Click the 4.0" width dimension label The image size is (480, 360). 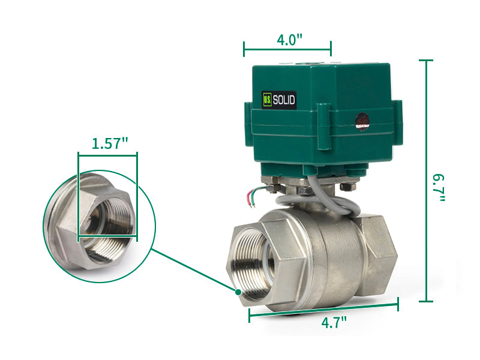[289, 40]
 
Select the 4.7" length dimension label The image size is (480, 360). [334, 322]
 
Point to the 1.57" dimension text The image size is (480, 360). [110, 143]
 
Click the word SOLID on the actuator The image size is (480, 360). [284, 101]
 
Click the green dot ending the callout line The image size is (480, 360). [238, 292]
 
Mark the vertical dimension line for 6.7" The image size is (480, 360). [426, 180]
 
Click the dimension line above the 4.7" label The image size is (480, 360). [324, 309]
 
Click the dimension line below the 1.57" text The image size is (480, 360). [107, 155]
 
